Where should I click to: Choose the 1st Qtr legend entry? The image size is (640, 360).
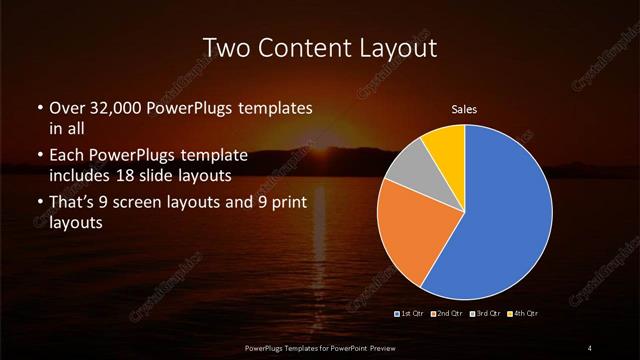(x=411, y=314)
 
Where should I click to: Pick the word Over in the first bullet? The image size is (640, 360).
(x=67, y=108)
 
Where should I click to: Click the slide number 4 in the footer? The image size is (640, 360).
(x=590, y=347)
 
